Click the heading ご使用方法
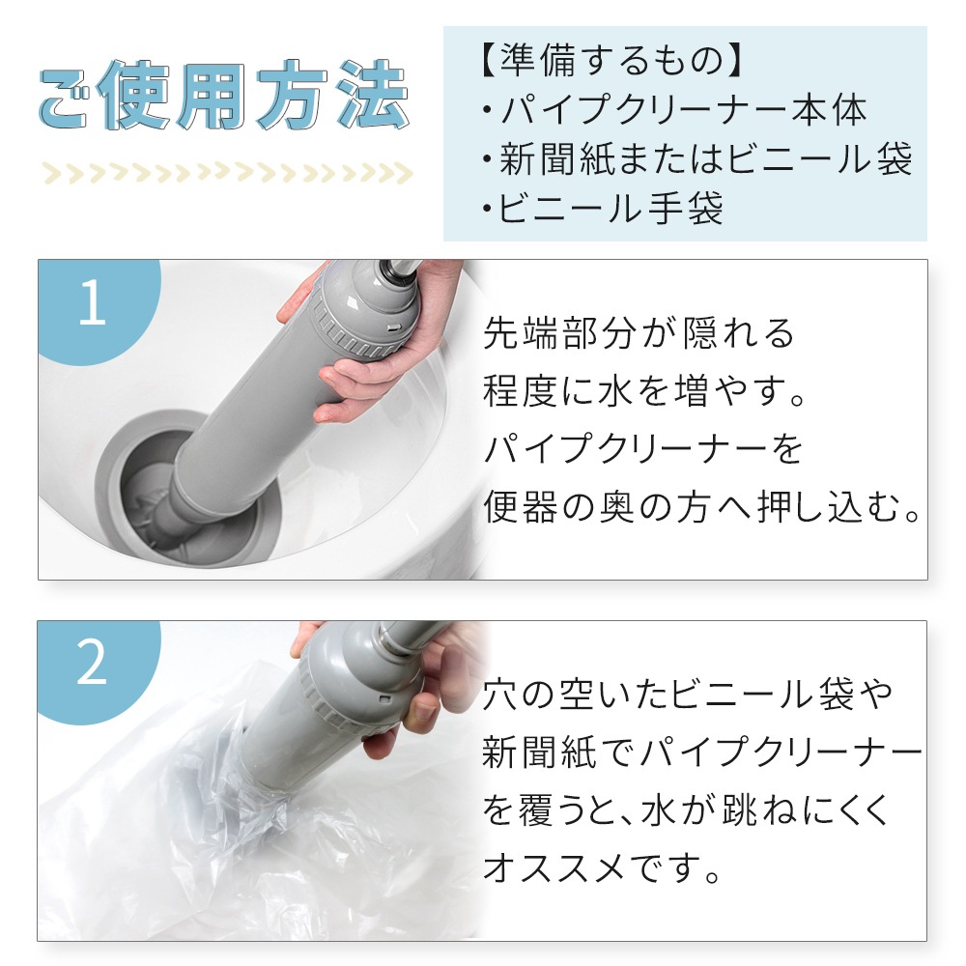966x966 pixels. coord(224,96)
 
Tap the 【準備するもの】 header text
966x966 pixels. coord(611,60)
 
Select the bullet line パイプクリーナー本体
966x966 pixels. coord(675,110)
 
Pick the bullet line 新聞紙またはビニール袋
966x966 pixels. coord(696,158)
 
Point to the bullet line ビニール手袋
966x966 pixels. coord(603,208)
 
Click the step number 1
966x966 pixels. coord(93,301)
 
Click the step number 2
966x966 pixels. coord(92,663)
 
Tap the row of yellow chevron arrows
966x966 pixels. coord(228,174)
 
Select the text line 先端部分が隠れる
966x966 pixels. coord(639,333)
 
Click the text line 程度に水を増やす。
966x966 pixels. coord(644,390)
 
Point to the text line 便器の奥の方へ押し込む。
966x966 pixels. coord(702,507)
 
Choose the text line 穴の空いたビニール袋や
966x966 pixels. coord(688,695)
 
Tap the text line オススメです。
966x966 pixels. coord(602,868)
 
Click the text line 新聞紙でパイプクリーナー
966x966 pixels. coord(702,753)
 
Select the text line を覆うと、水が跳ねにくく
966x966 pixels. coord(686,810)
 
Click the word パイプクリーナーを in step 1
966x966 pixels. coord(643,449)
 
